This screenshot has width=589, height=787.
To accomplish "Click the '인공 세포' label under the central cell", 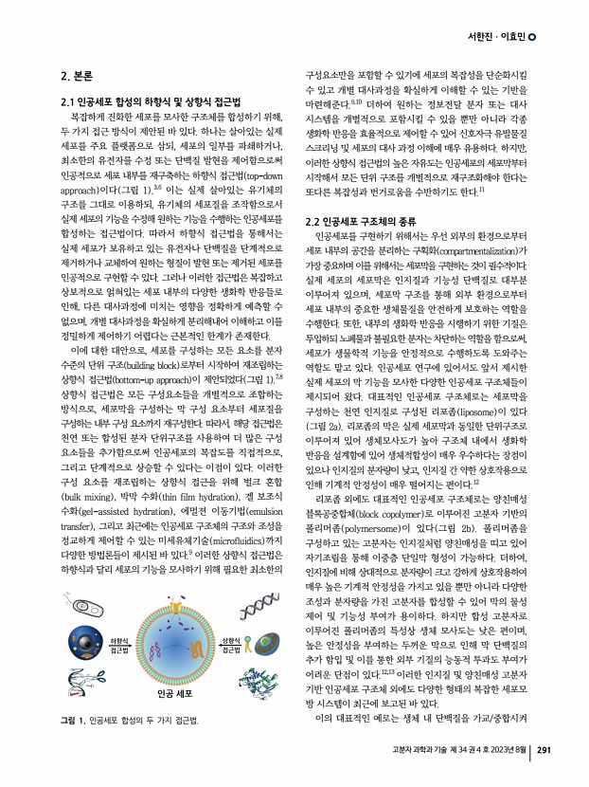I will [x=173, y=693].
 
